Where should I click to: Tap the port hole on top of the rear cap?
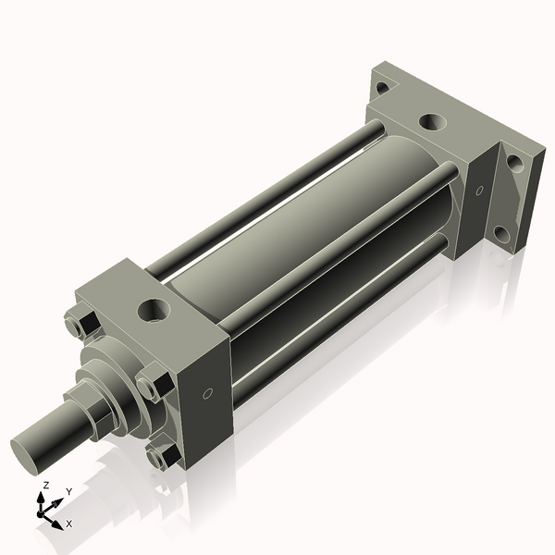[x=431, y=121]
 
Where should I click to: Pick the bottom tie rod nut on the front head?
[x=163, y=456]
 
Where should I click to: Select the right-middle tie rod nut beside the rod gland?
[x=153, y=383]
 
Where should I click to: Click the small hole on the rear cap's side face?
[x=479, y=191]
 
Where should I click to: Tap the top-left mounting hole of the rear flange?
[x=381, y=88]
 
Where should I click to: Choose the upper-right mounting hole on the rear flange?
[x=514, y=163]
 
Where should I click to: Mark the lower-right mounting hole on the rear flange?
[x=502, y=234]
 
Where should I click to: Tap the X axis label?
[x=69, y=524]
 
